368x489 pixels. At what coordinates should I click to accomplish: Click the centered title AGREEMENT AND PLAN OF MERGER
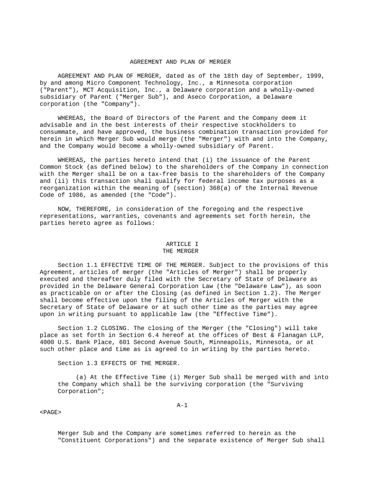click(x=181, y=62)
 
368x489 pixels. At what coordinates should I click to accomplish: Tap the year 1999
click(x=316, y=76)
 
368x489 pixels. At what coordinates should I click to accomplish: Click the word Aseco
click(x=221, y=97)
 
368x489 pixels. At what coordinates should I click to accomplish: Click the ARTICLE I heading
click(x=181, y=244)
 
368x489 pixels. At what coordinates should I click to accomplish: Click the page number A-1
click(x=182, y=405)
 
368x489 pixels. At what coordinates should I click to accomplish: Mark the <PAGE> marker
click(x=50, y=412)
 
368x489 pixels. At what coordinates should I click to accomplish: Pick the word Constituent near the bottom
click(x=78, y=440)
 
